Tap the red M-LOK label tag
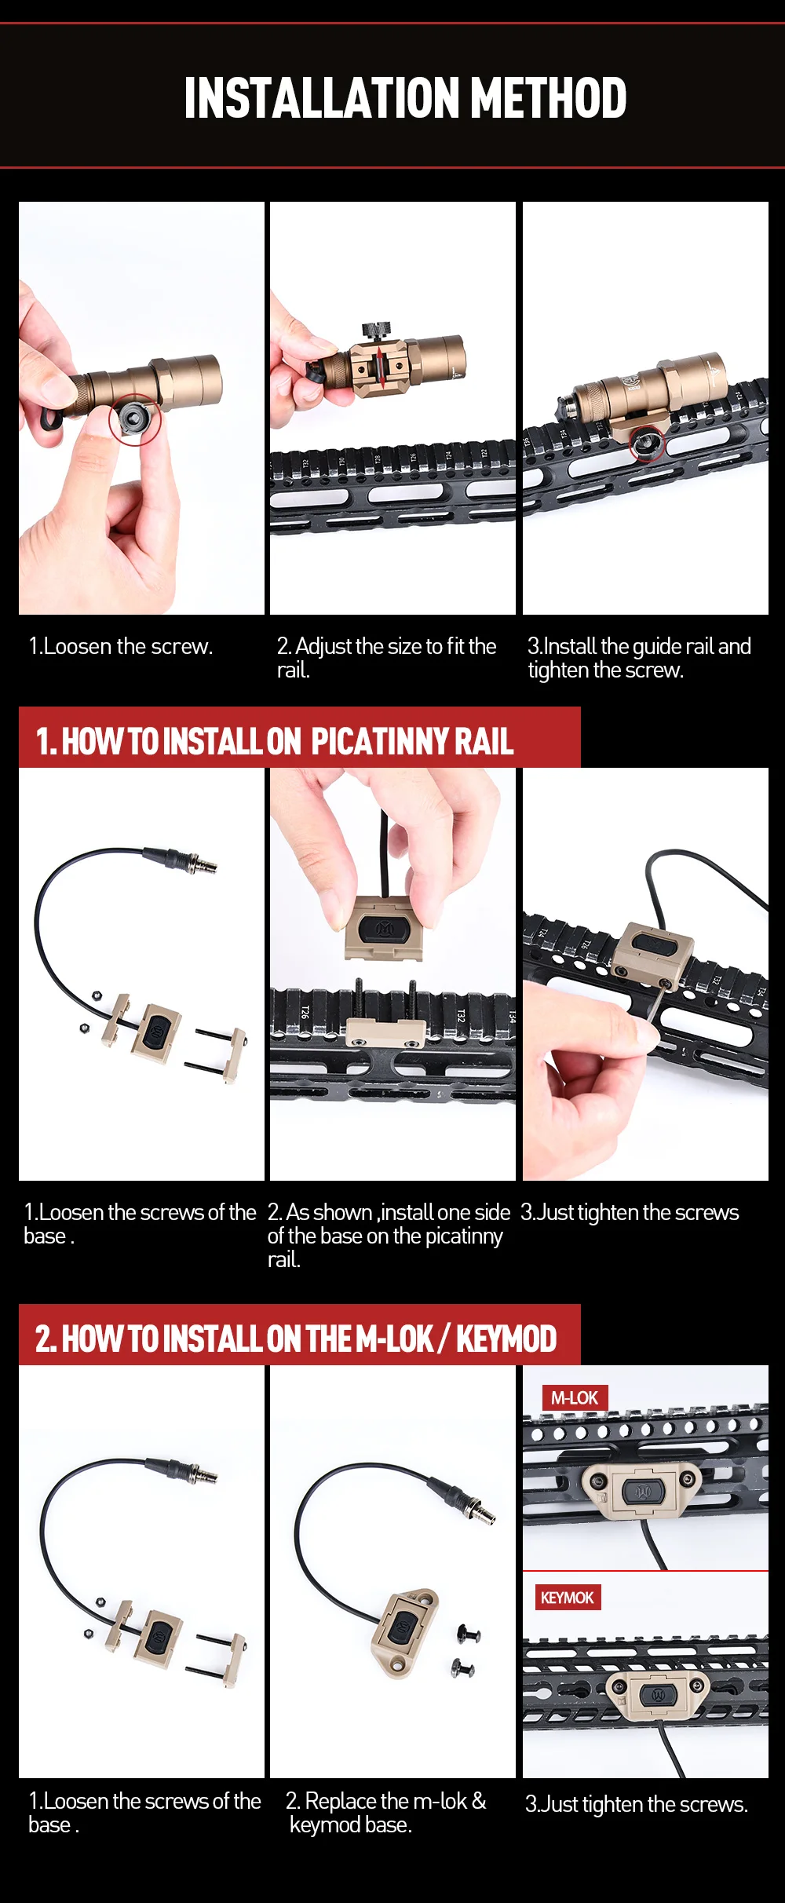575,1398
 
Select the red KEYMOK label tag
568,1598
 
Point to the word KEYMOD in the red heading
506,1339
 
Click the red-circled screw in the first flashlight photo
134,419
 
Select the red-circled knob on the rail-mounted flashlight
648,444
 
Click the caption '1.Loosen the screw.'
121,646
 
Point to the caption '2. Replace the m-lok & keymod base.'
385,1812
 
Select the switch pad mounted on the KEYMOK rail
656,1693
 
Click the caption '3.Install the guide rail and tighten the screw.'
639,658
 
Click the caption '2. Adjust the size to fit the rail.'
386,658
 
